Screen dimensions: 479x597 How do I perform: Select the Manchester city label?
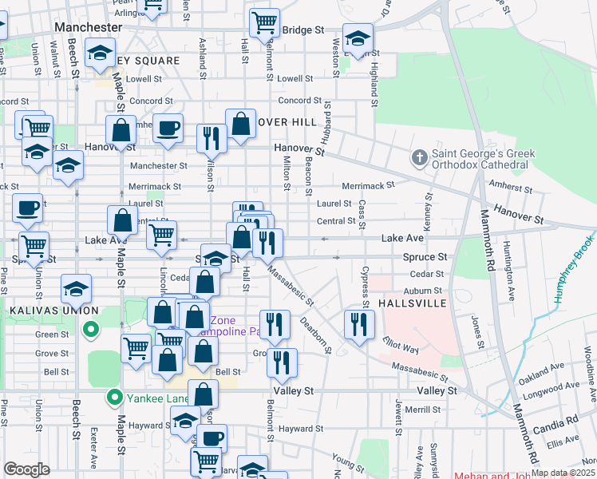coord(88,26)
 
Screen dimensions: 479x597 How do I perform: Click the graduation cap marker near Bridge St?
coord(358,38)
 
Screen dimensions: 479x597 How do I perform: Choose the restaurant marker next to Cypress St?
coord(359,324)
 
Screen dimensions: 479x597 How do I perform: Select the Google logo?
coord(26,469)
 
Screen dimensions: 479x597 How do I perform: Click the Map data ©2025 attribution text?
coord(563,473)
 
